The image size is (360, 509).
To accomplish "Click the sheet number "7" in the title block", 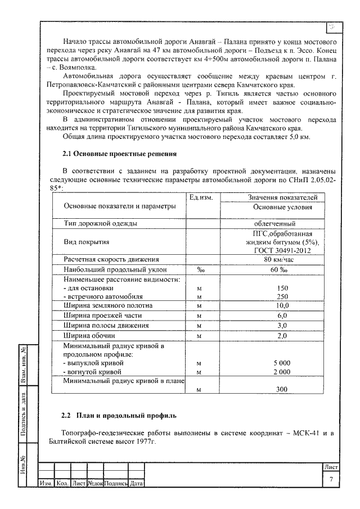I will click(331, 479).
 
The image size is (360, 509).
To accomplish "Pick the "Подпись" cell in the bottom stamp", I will click(116, 483).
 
